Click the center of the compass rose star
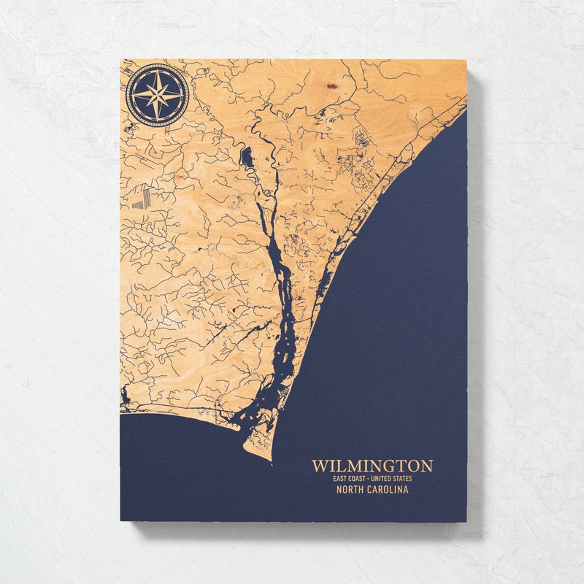157,95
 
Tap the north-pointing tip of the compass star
157,70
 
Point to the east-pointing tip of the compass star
182,95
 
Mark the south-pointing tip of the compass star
157,120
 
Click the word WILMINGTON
372,466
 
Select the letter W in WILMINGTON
319,466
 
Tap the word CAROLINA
390,490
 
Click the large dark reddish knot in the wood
332,86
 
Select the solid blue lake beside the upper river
246,155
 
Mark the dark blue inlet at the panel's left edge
125,396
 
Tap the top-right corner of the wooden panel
466,61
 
